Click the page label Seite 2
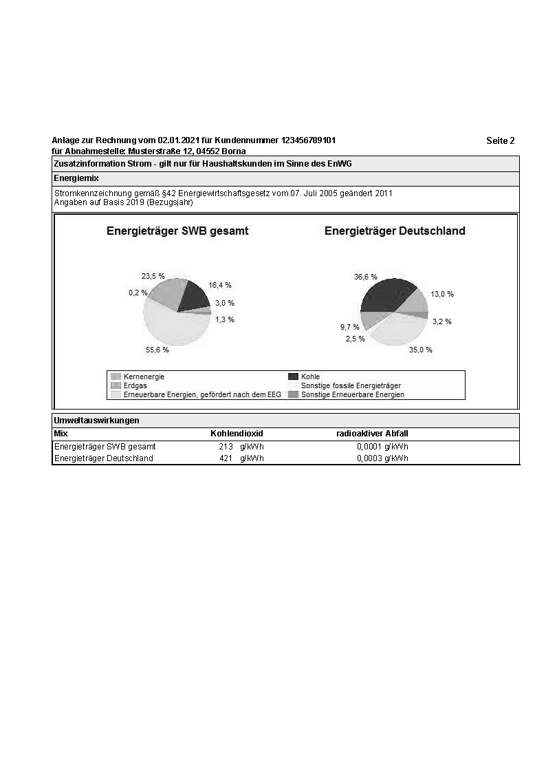pyautogui.click(x=500, y=140)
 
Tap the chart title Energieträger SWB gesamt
pyautogui.click(x=177, y=231)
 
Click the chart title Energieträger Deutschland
pyautogui.click(x=395, y=231)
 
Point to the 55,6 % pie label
pyautogui.click(x=157, y=350)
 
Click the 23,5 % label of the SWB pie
pyautogui.click(x=153, y=276)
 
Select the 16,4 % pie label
pyautogui.click(x=219, y=285)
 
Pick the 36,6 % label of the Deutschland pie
pyautogui.click(x=365, y=277)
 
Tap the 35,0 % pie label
pyautogui.click(x=420, y=350)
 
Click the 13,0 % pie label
pyautogui.click(x=442, y=294)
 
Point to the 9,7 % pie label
pyautogui.click(x=349, y=327)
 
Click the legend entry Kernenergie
pyautogui.click(x=144, y=377)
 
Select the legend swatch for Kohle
pyautogui.click(x=293, y=377)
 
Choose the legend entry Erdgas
pyautogui.click(x=135, y=385)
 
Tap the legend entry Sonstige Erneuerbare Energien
pyautogui.click(x=352, y=394)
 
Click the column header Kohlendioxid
pyautogui.click(x=237, y=434)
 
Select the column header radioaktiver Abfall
pyautogui.click(x=372, y=434)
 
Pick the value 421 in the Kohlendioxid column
pyautogui.click(x=226, y=458)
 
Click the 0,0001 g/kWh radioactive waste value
pyautogui.click(x=382, y=447)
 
